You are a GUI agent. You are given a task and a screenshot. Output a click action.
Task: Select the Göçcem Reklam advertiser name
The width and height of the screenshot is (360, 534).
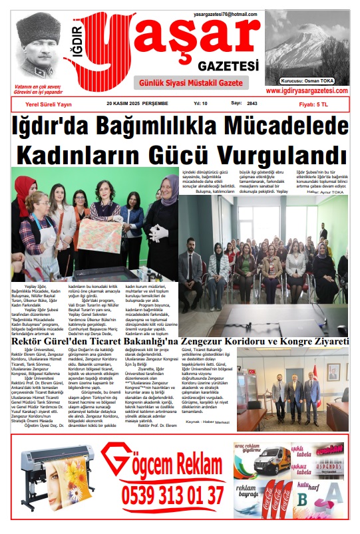tap(170, 463)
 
